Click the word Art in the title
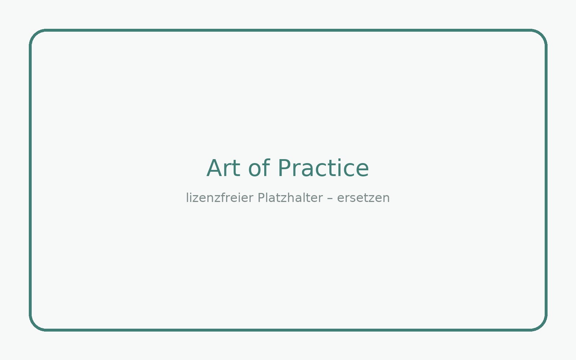pos(223,168)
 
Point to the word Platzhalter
pos(290,198)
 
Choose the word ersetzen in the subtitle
pos(363,198)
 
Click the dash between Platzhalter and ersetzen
pos(330,198)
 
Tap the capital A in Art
pos(215,168)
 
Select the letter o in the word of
pos(255,170)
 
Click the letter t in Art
pos(237,169)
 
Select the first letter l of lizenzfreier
pos(187,198)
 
